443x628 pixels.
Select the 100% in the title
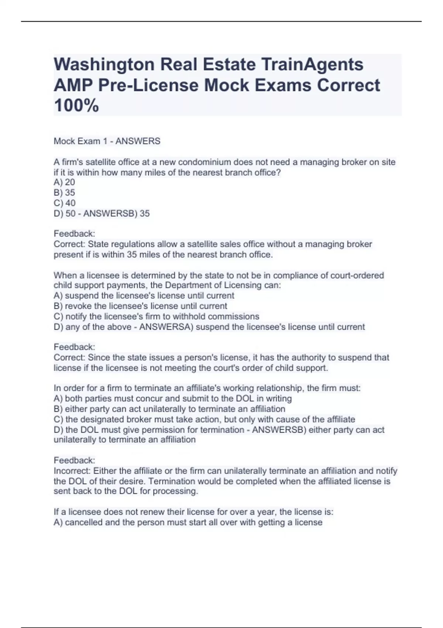click(76, 106)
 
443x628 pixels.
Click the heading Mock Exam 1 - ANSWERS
click(107, 141)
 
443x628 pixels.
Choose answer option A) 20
click(65, 182)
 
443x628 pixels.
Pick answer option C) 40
click(65, 203)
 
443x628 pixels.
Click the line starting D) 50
click(102, 214)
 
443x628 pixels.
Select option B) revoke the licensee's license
click(140, 306)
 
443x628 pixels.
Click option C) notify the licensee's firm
click(157, 317)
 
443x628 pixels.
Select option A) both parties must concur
click(173, 399)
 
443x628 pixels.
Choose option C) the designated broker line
click(204, 420)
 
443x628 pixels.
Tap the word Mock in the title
click(227, 85)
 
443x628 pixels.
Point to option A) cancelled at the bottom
click(188, 522)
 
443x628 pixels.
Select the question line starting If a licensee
click(193, 512)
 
